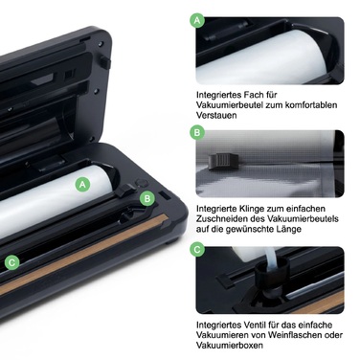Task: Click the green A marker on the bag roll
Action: tap(83, 181)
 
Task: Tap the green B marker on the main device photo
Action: tap(146, 198)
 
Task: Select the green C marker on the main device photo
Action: tap(12, 261)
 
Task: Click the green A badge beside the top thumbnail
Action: tap(197, 19)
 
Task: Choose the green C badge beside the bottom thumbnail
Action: tap(197, 250)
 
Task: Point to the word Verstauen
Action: tap(219, 119)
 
